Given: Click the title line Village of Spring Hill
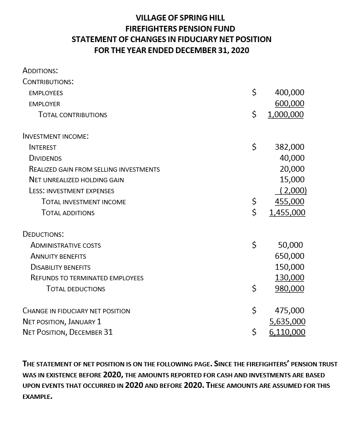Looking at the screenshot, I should (x=171, y=18).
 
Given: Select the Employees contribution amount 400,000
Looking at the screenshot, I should (x=290, y=93).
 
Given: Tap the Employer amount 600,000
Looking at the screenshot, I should (x=290, y=104).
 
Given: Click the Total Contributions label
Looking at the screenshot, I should (x=73, y=115).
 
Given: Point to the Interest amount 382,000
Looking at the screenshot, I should (x=290, y=147).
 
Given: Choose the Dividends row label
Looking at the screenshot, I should (x=45, y=158).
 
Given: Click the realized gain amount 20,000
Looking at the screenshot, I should (x=292, y=169).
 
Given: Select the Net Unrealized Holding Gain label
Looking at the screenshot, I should (x=76, y=180).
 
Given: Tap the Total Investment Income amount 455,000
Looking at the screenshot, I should (x=290, y=202).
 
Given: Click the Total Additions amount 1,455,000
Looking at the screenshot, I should (x=287, y=213).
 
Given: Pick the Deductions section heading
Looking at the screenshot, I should (x=44, y=234).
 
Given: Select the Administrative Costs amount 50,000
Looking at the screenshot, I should (x=290, y=245).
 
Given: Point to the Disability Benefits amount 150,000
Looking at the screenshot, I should (x=290, y=267).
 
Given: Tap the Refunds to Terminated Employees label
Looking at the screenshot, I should (x=87, y=278).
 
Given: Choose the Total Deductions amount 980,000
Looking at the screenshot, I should (x=290, y=289).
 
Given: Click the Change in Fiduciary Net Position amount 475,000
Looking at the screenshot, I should (x=290, y=311).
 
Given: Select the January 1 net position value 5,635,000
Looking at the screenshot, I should (x=287, y=321).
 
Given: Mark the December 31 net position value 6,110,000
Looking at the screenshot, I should (x=287, y=332).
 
